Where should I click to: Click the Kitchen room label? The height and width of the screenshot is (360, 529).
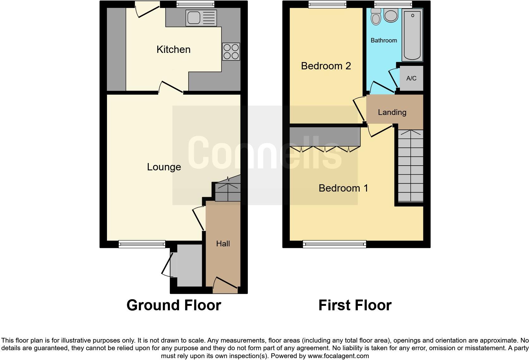click(173, 49)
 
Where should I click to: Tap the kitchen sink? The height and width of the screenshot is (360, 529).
click(201, 18)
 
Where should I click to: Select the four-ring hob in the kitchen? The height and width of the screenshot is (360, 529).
click(231, 52)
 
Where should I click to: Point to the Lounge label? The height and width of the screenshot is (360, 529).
click(164, 167)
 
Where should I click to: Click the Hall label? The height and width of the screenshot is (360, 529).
click(223, 243)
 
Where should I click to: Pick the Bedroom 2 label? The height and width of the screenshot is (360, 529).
click(326, 66)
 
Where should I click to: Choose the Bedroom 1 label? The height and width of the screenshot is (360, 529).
click(343, 188)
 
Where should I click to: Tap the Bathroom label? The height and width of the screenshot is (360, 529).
click(383, 40)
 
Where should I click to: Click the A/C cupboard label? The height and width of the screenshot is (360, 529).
click(411, 78)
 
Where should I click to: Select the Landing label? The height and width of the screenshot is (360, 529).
click(392, 112)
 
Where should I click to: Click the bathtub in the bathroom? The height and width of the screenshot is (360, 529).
click(412, 35)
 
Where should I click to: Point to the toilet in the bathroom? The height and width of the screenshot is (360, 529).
click(376, 16)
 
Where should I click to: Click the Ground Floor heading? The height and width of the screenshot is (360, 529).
click(174, 305)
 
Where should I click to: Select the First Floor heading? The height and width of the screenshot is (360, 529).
click(355, 305)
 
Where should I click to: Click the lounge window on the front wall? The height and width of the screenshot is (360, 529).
click(142, 244)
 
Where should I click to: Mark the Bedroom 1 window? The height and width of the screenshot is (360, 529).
click(334, 244)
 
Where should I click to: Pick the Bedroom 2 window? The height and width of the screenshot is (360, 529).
click(327, 4)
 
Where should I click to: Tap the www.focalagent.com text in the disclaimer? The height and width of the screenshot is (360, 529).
click(338, 356)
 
